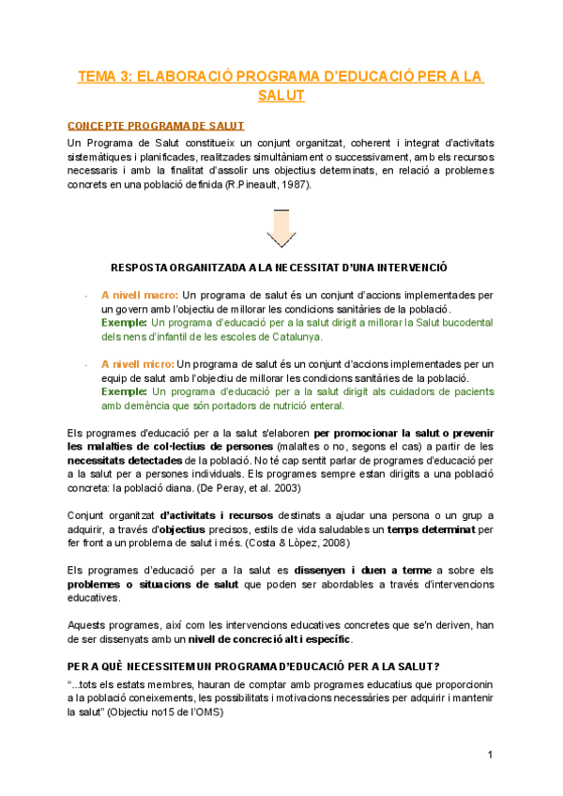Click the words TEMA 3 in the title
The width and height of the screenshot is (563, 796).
point(104,77)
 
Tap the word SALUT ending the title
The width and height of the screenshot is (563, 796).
point(281,96)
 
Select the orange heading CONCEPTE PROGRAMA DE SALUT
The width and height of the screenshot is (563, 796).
point(156,126)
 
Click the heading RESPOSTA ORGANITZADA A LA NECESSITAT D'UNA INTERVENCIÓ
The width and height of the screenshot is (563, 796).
point(279,267)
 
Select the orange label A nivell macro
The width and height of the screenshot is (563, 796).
point(140,295)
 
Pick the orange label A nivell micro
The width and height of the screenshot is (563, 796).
point(138,363)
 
